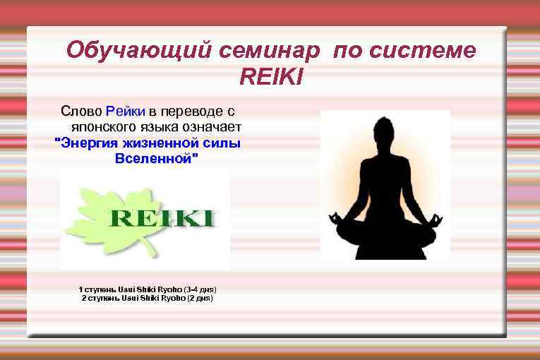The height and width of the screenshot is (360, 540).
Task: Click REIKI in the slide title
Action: coord(271,76)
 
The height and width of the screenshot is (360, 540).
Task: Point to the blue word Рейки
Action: coord(125,111)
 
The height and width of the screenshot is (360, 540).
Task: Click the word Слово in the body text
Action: coord(81,111)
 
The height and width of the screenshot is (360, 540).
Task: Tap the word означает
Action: coord(210,127)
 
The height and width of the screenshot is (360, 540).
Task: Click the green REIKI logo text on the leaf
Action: coord(162,217)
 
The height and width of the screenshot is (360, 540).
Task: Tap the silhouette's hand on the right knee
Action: coord(436,219)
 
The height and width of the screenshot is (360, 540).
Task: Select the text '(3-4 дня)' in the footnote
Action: coord(200,289)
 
